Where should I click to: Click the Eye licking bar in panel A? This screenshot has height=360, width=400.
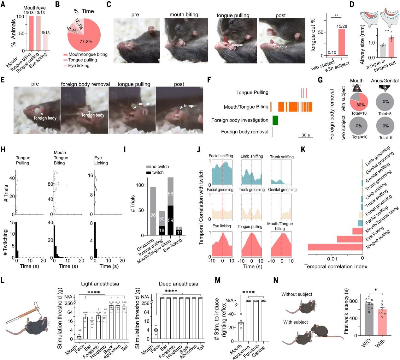(x=46, y=42)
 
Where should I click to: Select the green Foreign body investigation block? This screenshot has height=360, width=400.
(x=275, y=120)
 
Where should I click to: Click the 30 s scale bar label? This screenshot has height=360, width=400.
(x=305, y=135)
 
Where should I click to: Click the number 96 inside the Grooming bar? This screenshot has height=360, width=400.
(x=153, y=215)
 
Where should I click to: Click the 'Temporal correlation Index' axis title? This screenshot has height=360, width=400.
(x=336, y=267)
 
